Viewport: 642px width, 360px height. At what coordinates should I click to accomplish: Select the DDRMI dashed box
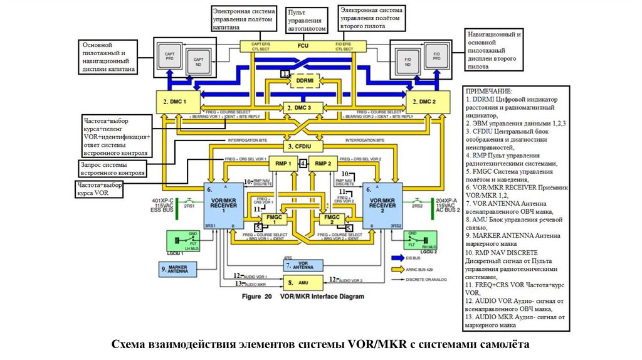coord(305,81)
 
